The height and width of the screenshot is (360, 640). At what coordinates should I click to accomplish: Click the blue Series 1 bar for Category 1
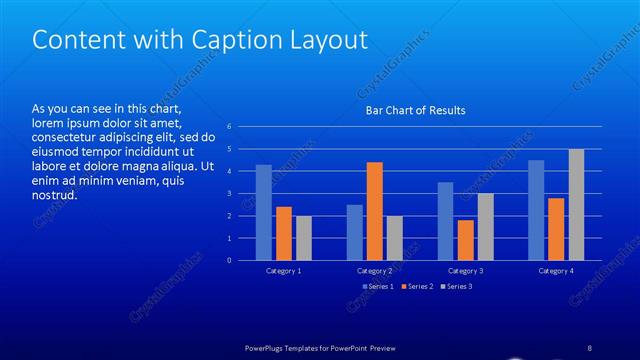pyautogui.click(x=264, y=212)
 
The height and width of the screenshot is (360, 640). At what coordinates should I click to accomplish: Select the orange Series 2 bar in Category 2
pyautogui.click(x=374, y=211)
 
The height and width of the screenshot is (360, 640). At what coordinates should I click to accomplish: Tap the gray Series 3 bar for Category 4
pyautogui.click(x=576, y=205)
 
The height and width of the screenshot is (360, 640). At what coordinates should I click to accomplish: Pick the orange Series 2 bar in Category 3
pyautogui.click(x=465, y=240)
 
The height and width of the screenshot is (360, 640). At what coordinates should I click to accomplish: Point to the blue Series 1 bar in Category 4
pyautogui.click(x=536, y=210)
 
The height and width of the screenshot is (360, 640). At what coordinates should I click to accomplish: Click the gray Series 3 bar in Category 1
pyautogui.click(x=304, y=238)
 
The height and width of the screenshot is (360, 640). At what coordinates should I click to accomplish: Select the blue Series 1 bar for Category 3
pyautogui.click(x=445, y=221)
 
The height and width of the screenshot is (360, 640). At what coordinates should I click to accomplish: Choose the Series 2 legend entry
pyautogui.click(x=417, y=287)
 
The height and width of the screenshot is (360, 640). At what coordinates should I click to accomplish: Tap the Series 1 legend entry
pyautogui.click(x=377, y=287)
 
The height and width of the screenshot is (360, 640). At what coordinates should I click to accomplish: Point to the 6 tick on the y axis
pyautogui.click(x=230, y=127)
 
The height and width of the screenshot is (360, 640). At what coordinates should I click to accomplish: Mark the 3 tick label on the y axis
pyautogui.click(x=230, y=194)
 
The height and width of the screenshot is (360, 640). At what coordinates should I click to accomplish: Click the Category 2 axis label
pyautogui.click(x=374, y=271)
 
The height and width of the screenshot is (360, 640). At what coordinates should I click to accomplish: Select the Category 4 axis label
pyautogui.click(x=556, y=271)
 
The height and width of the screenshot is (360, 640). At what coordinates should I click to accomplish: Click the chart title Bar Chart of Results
pyautogui.click(x=414, y=110)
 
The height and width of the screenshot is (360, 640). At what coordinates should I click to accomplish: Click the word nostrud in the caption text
pyautogui.click(x=55, y=195)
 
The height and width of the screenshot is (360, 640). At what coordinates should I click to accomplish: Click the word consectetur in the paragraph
pyautogui.click(x=66, y=137)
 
